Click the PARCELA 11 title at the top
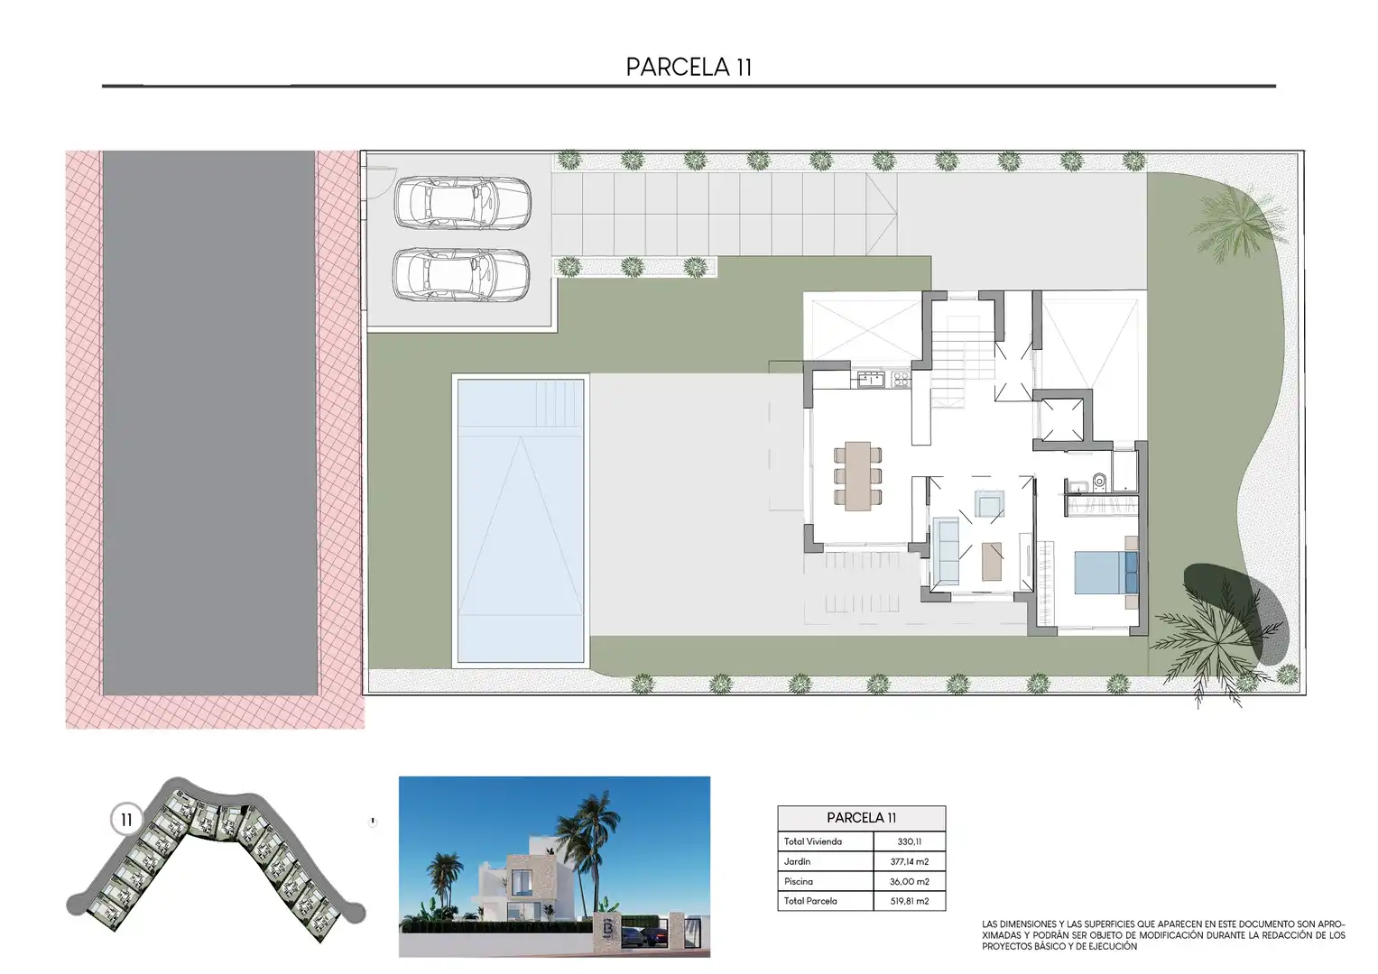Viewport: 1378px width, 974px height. point(689,68)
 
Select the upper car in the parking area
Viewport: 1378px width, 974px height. point(462,203)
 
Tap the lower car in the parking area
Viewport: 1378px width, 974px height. point(462,275)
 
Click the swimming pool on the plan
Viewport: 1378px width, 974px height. point(521,520)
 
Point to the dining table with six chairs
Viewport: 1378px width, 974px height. point(857,476)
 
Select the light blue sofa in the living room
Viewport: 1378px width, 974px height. point(946,551)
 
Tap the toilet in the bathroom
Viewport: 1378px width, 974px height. point(1099,482)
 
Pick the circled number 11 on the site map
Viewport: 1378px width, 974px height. point(126,820)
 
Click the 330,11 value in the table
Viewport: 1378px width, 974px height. point(910,841)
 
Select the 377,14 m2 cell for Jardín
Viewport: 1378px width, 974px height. point(910,861)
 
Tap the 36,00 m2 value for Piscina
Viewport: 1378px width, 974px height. point(910,881)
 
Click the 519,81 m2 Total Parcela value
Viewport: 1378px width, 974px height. point(910,901)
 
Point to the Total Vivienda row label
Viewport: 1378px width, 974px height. point(813,841)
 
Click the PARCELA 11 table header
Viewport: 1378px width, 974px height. point(861,818)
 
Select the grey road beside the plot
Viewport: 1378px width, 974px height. point(209,423)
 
